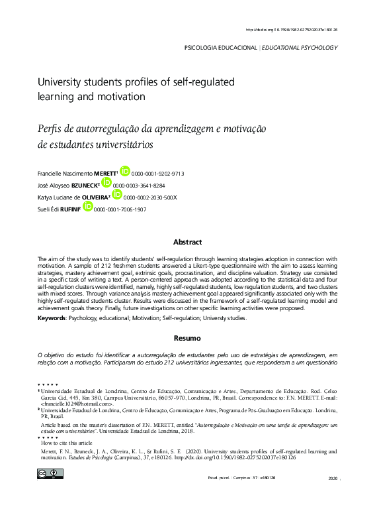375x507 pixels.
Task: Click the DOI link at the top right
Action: point(291,30)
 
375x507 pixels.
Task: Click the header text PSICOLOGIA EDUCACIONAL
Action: point(220,48)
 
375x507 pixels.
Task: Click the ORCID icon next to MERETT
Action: point(124,171)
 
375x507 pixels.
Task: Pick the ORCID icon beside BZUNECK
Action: point(106,184)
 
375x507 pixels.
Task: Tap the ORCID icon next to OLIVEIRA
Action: point(116,195)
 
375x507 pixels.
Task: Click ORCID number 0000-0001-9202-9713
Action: point(157,174)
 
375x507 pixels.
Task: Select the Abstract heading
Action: point(187,243)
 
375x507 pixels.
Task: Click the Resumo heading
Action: point(187,338)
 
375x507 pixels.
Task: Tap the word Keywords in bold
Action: point(52,319)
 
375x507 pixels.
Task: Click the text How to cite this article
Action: point(67,442)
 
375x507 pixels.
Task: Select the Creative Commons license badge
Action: point(50,473)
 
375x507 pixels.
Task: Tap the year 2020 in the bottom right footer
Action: point(332,478)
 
